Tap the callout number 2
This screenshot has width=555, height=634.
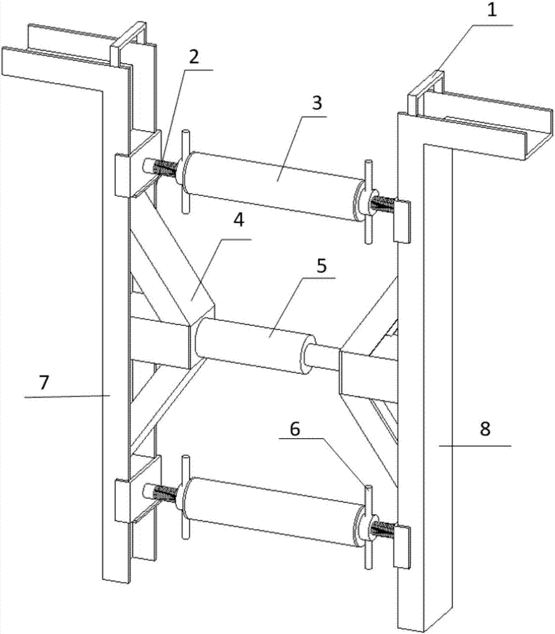pos(193,57)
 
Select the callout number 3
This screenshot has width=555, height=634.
pos(317,103)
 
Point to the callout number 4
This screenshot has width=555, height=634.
pos(239,221)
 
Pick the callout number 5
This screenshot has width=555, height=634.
pos(321,266)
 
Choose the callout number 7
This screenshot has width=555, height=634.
pos(44,382)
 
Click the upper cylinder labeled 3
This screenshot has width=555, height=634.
pos(275,186)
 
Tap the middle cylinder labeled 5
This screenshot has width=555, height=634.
pos(255,346)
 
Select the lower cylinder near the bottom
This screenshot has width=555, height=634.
pos(275,512)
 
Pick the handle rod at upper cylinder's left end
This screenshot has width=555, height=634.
pos(186,171)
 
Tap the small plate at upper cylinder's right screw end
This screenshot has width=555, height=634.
pos(402,221)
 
